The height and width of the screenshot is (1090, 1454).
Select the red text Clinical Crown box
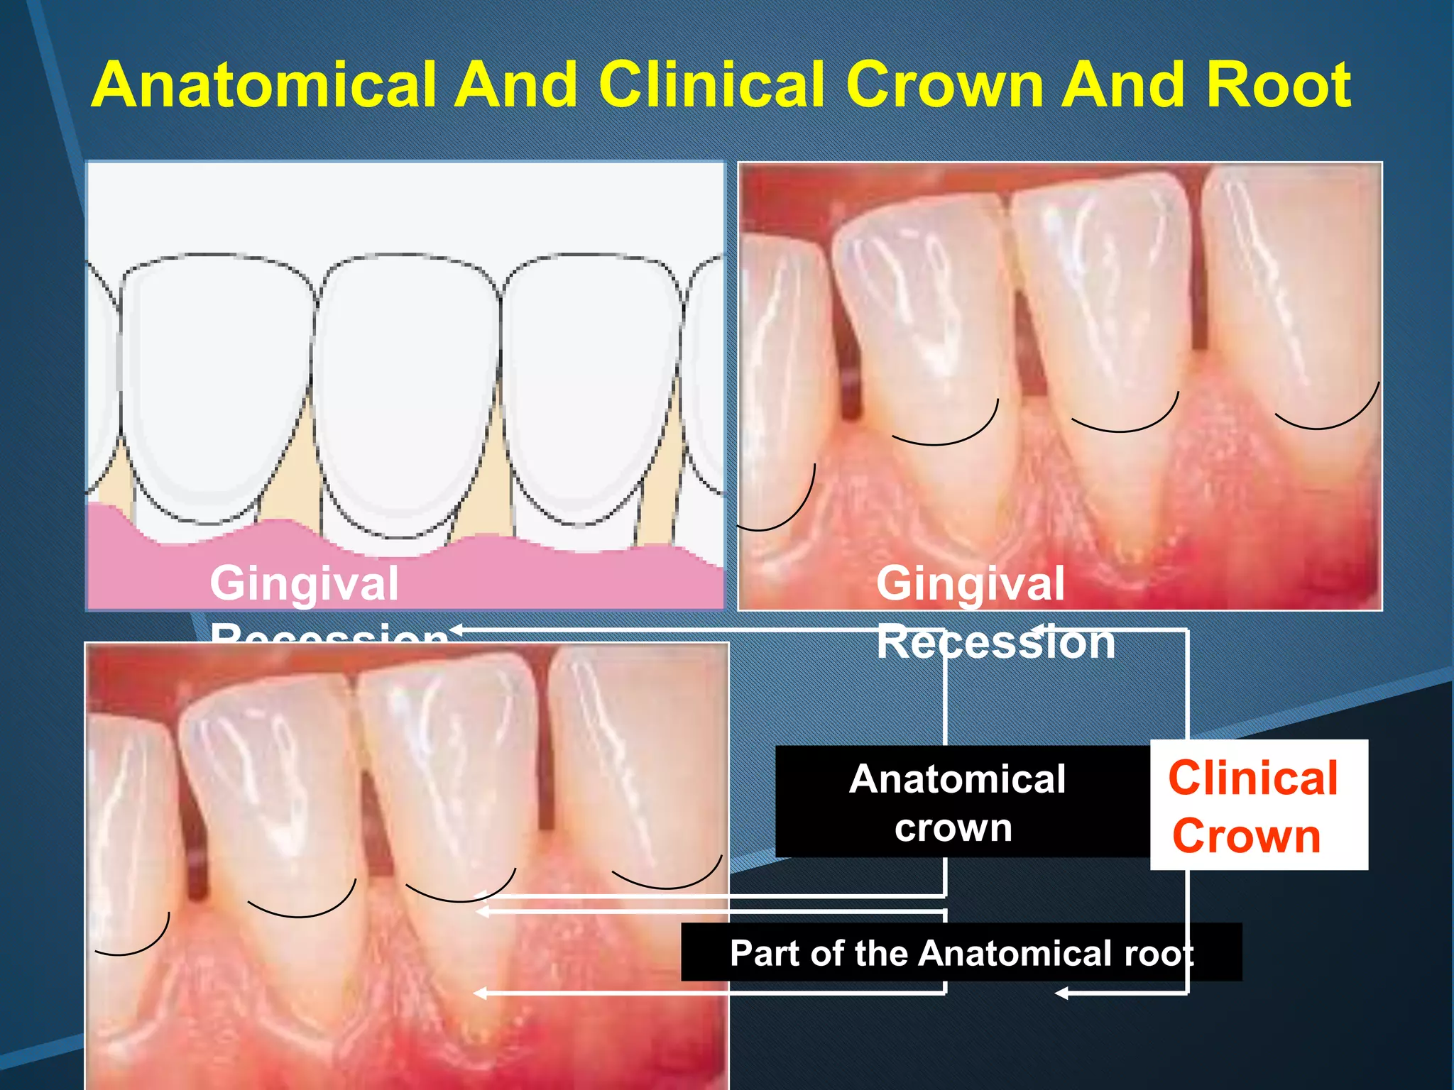1258,805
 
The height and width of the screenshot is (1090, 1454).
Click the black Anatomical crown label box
958,802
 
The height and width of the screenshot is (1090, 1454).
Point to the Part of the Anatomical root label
961,953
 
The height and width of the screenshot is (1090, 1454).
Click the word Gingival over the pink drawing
304,584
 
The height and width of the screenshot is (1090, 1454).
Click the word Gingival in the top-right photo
970,584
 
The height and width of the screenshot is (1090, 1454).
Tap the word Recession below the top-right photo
995,643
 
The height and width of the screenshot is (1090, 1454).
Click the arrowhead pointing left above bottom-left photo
457,629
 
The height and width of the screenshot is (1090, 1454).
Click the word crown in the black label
953,828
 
